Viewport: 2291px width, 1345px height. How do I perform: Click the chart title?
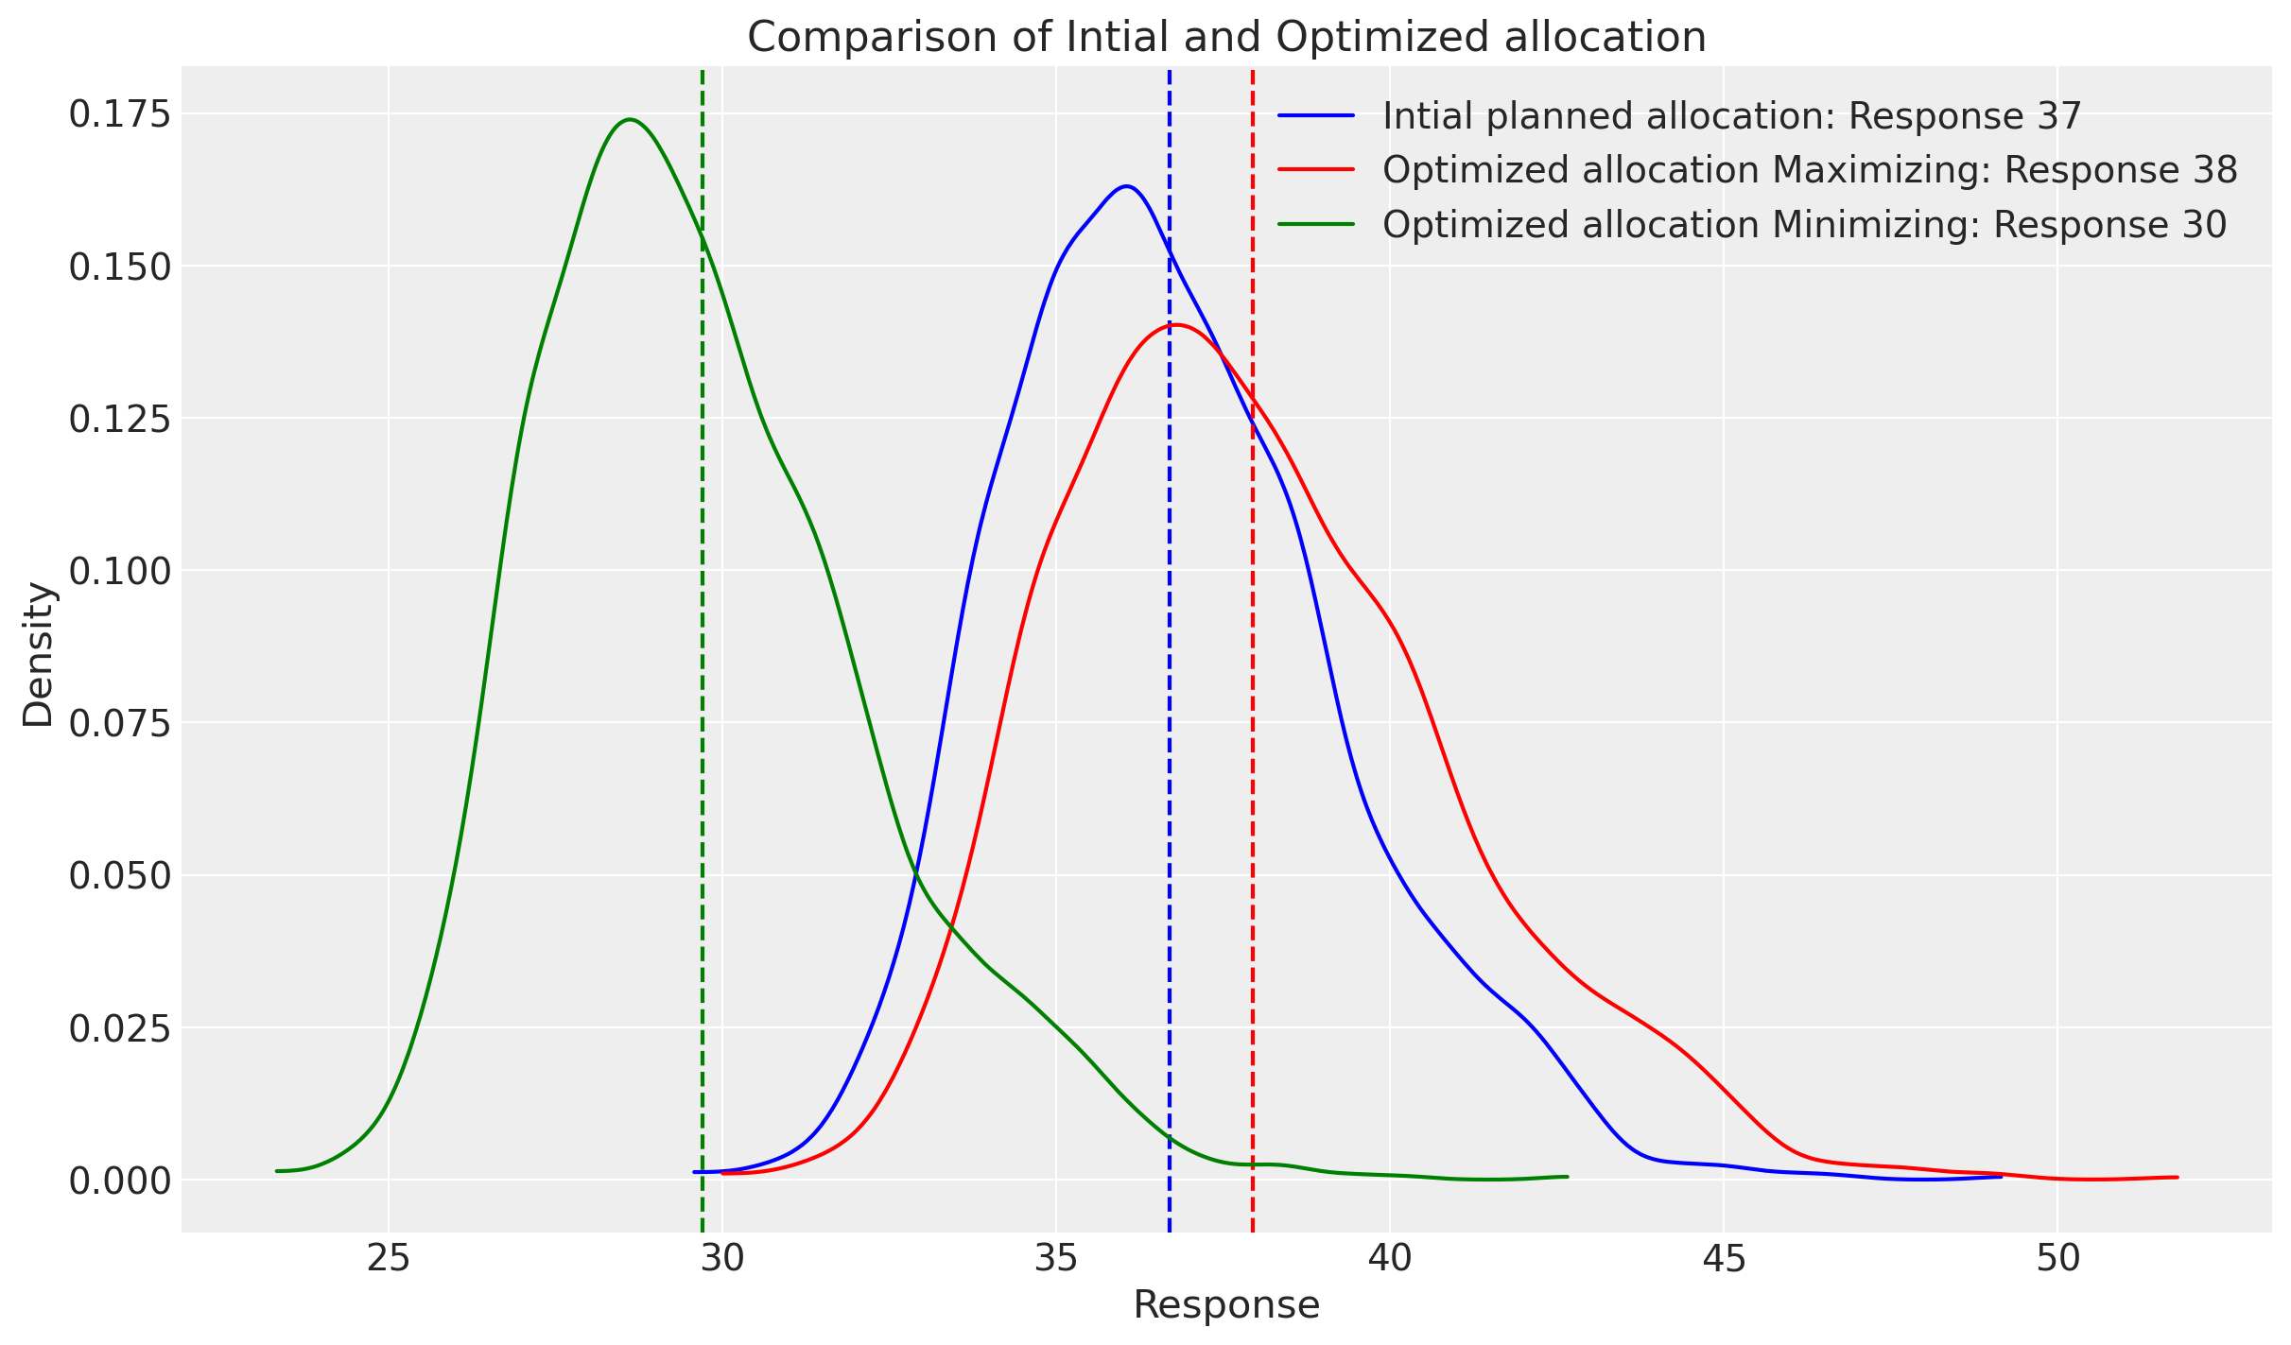point(1226,38)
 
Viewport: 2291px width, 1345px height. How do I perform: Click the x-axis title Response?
point(1226,1305)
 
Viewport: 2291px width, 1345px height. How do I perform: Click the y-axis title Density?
point(39,654)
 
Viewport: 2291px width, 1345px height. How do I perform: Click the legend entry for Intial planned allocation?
point(1731,116)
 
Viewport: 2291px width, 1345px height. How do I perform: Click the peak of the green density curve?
point(630,119)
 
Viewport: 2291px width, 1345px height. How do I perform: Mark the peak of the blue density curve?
point(1126,186)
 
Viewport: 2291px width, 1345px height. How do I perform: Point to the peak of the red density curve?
point(1174,325)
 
